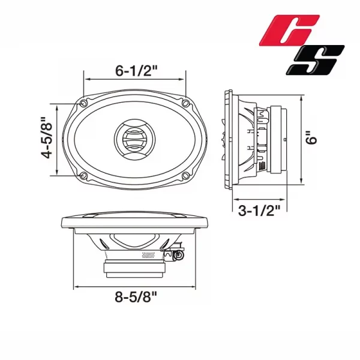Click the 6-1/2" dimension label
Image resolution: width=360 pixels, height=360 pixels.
pos(136,71)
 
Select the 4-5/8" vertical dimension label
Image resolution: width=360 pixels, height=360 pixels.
pos(47,138)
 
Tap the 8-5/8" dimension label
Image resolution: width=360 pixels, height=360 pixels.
pos(136,297)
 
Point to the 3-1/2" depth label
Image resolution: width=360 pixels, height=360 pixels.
pos(259,211)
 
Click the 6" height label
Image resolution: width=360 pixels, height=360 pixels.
pos(311,138)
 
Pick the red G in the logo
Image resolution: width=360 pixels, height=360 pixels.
pos(290,29)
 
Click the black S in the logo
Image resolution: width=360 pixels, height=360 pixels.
pos(315,59)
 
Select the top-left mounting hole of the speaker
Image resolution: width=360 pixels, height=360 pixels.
pos(83,104)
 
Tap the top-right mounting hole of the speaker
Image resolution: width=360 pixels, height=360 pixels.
pos(185,103)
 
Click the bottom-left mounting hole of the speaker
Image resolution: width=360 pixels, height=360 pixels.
pos(83,176)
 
